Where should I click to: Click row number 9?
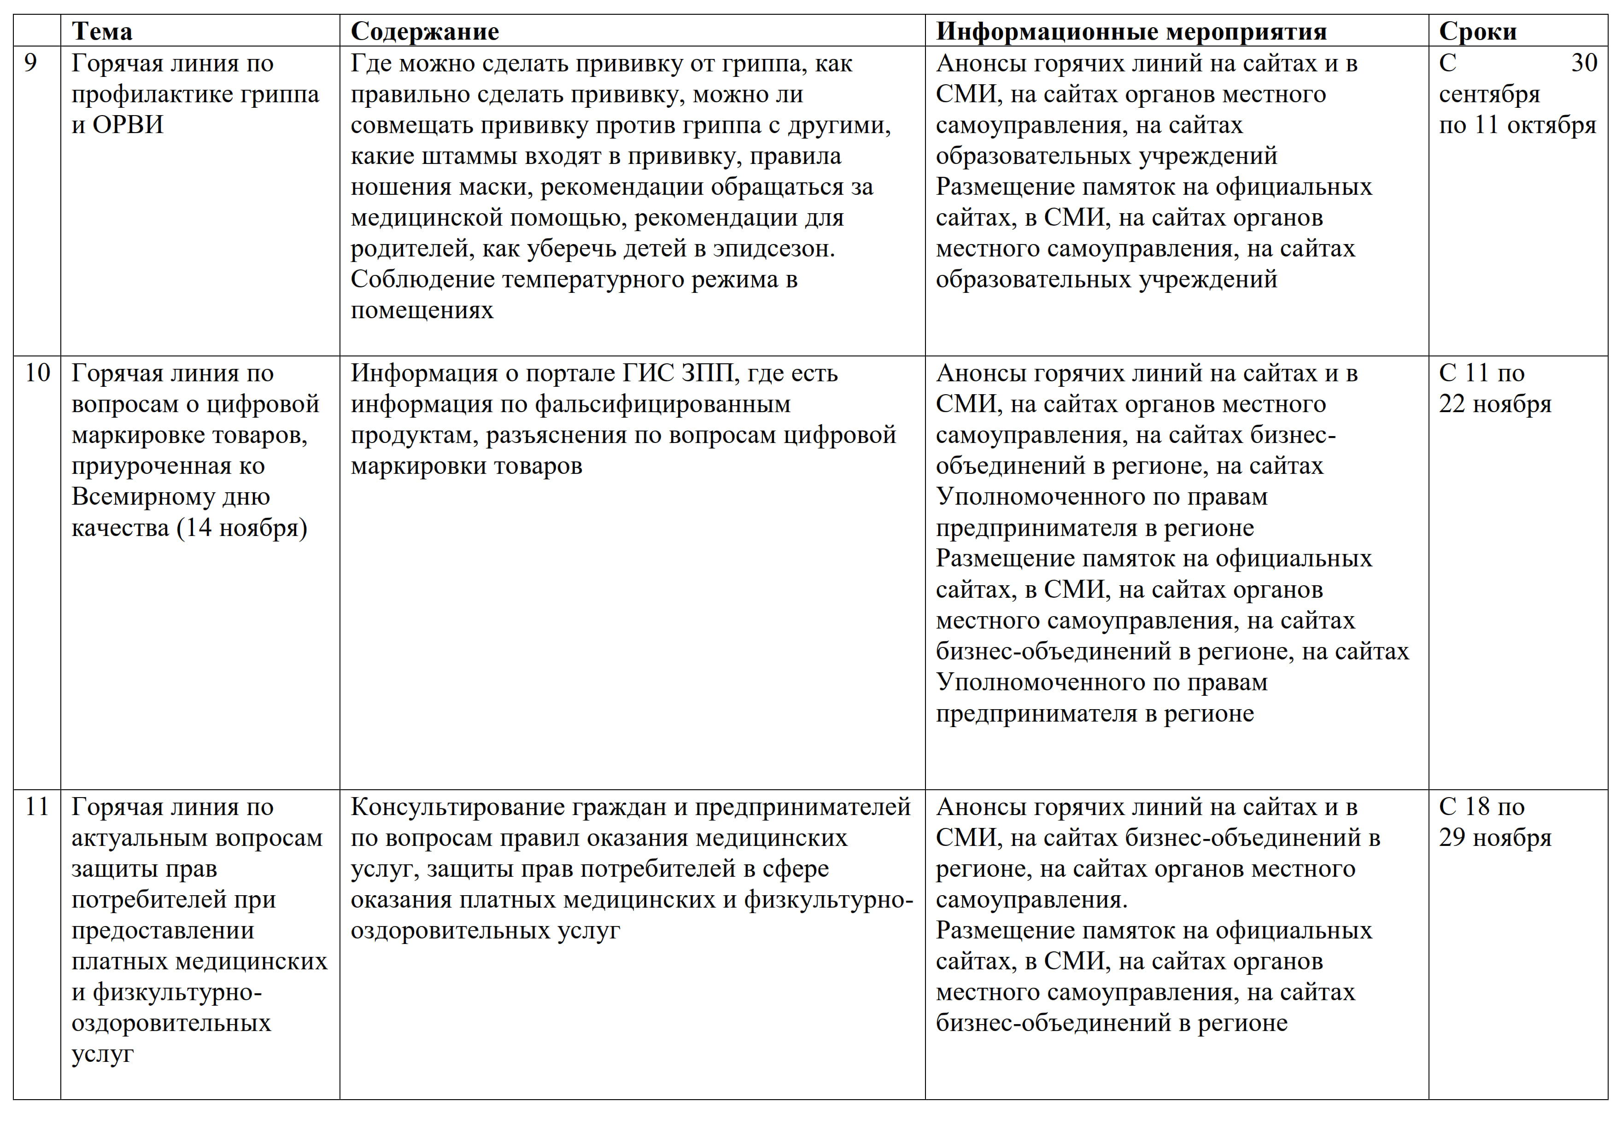pos(30,64)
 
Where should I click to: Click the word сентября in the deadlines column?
pos(1488,94)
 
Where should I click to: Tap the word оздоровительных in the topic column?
pos(171,1023)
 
